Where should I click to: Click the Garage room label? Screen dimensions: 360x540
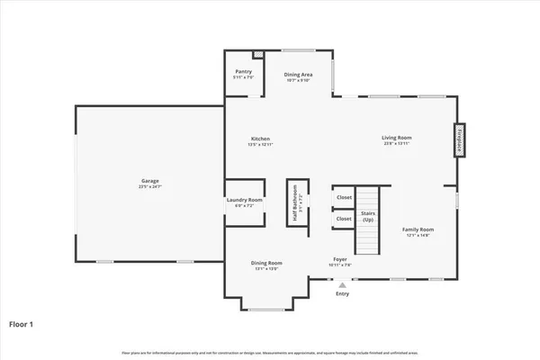click(149, 182)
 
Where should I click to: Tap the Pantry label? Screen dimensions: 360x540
click(244, 71)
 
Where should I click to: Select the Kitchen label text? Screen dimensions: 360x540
click(260, 139)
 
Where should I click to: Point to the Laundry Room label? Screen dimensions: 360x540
click(244, 200)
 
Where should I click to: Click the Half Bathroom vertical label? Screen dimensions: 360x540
click(293, 204)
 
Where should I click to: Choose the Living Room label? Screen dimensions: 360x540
click(398, 139)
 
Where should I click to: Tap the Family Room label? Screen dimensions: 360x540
click(417, 229)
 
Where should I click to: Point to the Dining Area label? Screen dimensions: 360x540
click(297, 75)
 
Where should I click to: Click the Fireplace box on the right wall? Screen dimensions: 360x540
click(458, 141)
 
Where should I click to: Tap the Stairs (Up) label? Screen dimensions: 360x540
click(367, 216)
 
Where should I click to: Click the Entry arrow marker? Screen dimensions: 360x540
click(342, 283)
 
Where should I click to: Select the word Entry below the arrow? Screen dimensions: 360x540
click(342, 293)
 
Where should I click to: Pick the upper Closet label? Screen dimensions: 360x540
click(344, 197)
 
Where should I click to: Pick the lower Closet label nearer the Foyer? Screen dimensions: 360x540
click(344, 218)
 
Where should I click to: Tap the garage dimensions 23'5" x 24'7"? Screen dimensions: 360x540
click(149, 187)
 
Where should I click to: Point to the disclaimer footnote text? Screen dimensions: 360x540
click(270, 350)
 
